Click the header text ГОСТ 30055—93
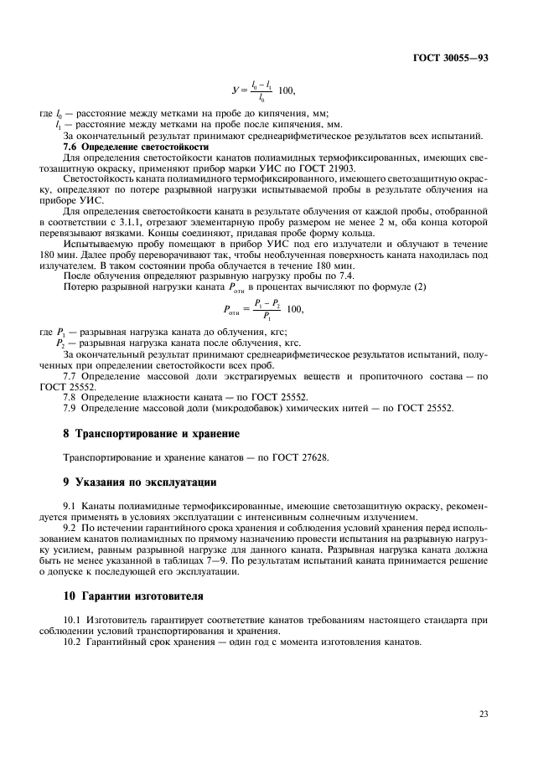pos(458,57)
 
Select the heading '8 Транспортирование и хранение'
pos(152,434)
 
